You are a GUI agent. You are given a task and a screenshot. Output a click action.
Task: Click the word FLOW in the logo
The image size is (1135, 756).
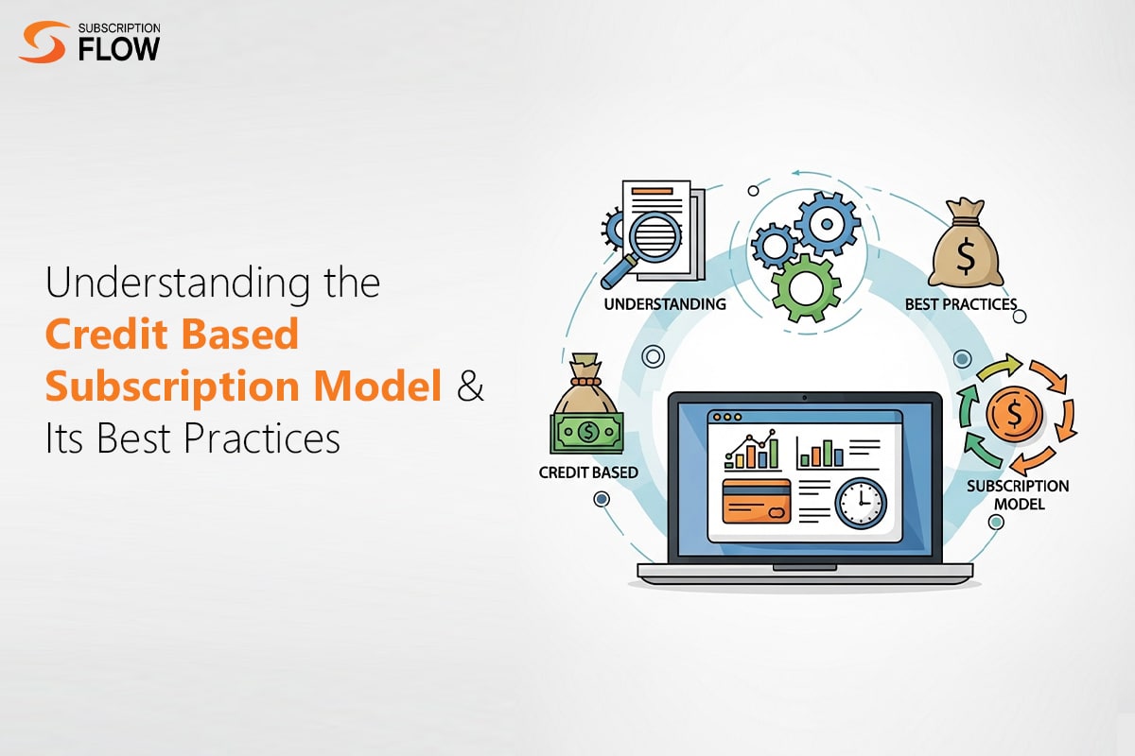coord(119,49)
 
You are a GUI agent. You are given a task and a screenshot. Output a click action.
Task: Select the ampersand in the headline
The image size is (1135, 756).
coord(469,387)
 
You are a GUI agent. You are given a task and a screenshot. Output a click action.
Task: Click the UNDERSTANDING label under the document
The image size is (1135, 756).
coord(664,304)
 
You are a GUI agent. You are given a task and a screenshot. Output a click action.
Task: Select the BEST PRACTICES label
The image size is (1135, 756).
coord(960,304)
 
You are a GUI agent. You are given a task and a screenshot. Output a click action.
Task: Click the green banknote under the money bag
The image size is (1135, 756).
coord(586,433)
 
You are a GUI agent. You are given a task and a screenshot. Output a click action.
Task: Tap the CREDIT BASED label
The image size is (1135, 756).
coord(587,472)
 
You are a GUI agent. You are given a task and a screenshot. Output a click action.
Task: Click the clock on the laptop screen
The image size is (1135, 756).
coord(861,503)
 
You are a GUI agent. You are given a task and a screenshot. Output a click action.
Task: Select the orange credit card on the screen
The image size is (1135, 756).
coord(756,501)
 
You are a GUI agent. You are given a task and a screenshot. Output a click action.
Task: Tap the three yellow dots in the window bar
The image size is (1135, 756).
coord(727,417)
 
